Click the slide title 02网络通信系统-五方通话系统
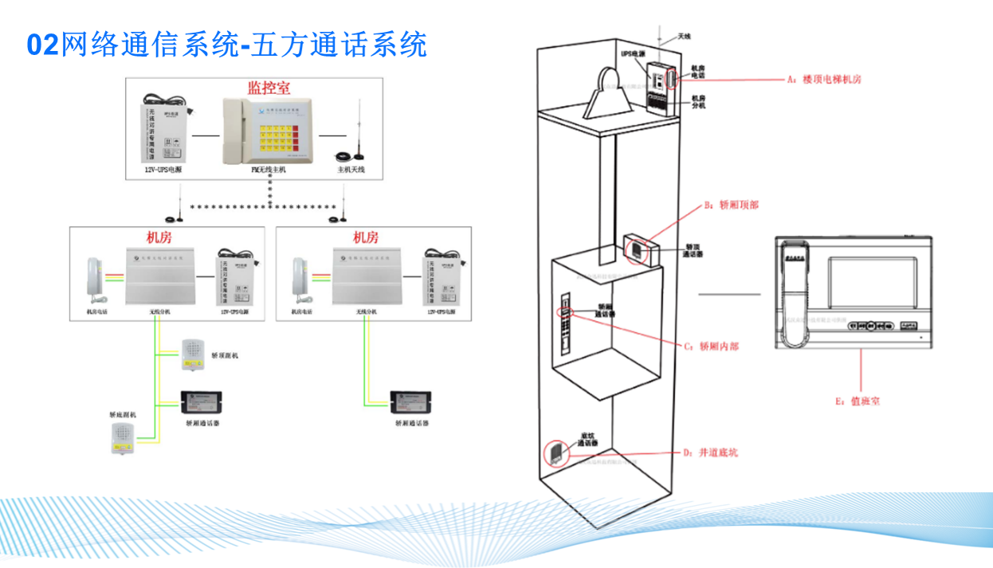[227, 45]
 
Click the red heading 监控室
[269, 88]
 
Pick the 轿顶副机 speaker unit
[193, 355]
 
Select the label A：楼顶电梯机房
[823, 80]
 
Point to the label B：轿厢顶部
[731, 205]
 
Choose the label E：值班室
[858, 402]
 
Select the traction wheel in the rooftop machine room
[610, 88]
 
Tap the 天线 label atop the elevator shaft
[684, 37]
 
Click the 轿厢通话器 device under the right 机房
[411, 399]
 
